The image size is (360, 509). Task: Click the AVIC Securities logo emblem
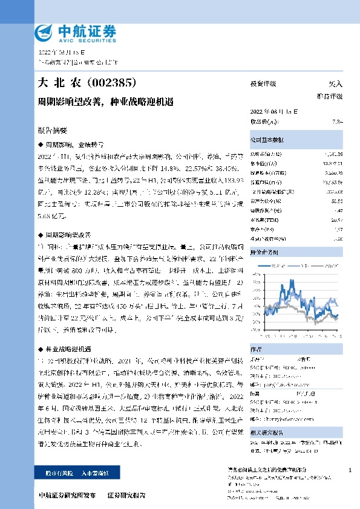pos(44,31)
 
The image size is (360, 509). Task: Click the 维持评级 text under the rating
pos(330,96)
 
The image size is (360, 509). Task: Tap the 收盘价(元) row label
pos(264,121)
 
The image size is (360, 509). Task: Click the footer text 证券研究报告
pos(126,495)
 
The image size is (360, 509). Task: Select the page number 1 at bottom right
pos(350,470)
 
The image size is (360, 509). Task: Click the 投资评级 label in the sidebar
pos(263,84)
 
